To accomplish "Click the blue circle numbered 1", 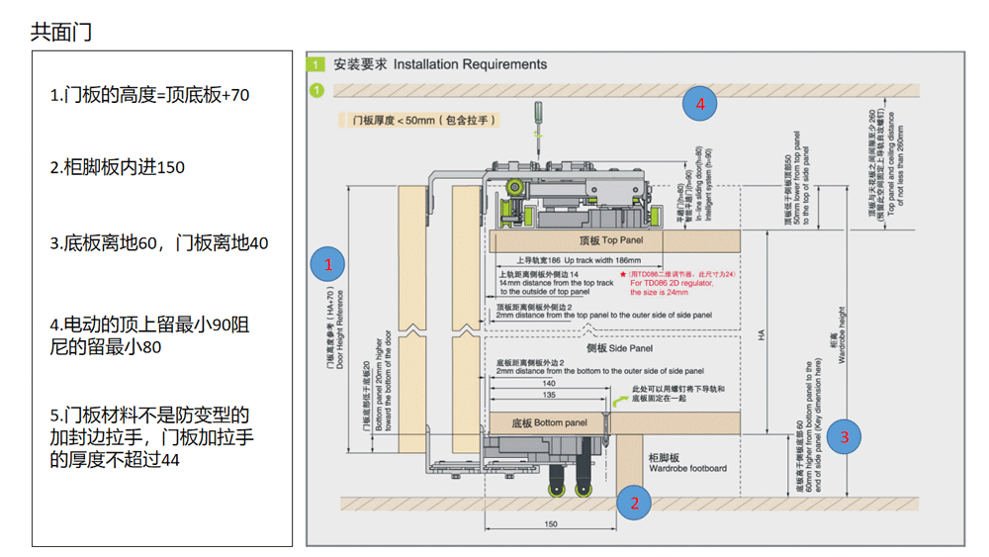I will (x=327, y=265).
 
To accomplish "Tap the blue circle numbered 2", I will (x=635, y=503).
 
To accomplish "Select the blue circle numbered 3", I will (x=844, y=436).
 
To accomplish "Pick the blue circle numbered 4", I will (x=700, y=103).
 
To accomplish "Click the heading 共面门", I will (x=61, y=32).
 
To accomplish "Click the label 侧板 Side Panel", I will (x=619, y=348).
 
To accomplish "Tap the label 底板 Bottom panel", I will (x=549, y=422).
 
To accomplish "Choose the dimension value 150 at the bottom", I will (x=551, y=524).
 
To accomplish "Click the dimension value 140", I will (x=549, y=383).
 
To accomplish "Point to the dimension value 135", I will (x=548, y=395).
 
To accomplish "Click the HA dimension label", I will (x=762, y=334).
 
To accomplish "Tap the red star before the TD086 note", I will (x=622, y=273).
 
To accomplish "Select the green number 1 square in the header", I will (x=316, y=65).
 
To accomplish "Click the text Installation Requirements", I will (x=470, y=64).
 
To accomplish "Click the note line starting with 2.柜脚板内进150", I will (x=118, y=167).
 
